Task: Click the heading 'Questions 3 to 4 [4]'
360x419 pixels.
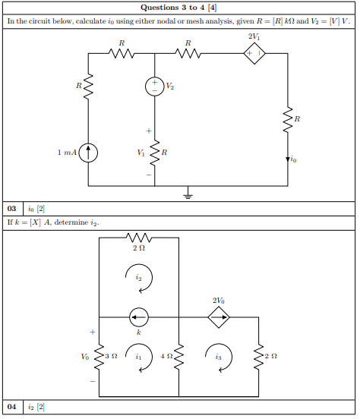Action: (179, 8)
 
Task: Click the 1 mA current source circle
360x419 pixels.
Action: (89, 153)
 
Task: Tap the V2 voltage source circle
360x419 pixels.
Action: (154, 87)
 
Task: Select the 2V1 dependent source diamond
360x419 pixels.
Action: (254, 54)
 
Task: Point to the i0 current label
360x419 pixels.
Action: (294, 160)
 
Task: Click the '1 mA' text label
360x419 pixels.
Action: (67, 153)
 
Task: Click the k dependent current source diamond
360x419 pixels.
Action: (139, 317)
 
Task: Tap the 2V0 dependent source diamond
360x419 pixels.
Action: (219, 317)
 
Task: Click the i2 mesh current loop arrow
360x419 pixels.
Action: (139, 279)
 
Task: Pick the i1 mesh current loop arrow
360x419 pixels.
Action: (139, 357)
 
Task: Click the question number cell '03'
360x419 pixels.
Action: (11, 207)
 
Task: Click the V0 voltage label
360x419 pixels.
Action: (85, 354)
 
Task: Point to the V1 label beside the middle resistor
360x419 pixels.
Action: (139, 153)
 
